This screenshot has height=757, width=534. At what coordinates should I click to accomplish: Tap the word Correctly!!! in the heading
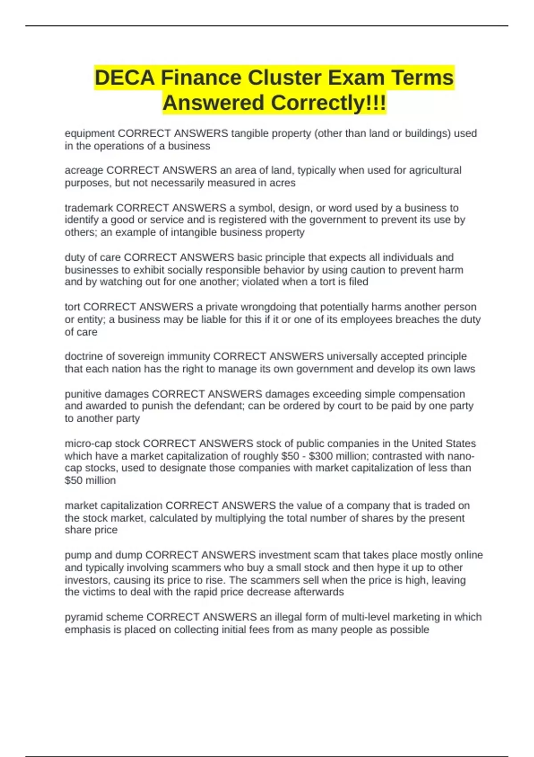328,103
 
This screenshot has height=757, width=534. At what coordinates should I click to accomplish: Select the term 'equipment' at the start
89,133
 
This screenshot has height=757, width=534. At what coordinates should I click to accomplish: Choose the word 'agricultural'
435,170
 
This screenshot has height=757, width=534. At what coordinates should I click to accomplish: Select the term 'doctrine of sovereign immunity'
137,356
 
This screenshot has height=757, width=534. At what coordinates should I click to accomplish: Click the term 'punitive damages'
107,394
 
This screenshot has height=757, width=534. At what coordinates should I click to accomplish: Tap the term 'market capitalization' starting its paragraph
113,505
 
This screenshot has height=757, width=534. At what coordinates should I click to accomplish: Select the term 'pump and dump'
103,555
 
